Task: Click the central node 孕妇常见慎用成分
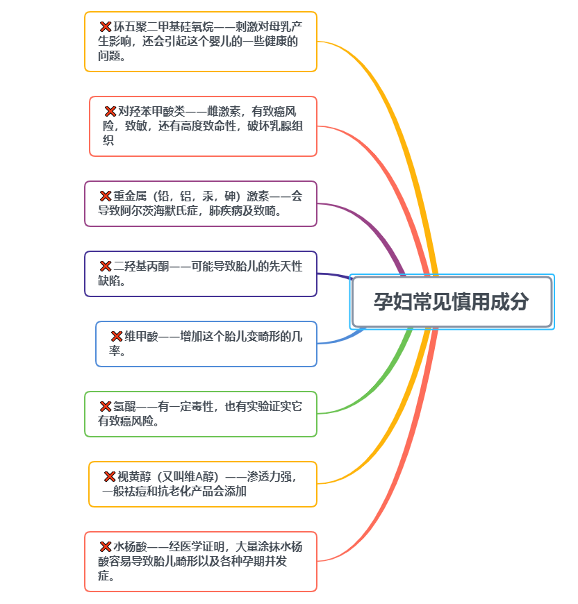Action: coord(452,302)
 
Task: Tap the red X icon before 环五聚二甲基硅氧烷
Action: coord(106,26)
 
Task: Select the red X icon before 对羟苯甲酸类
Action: coord(110,111)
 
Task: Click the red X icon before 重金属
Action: coord(106,196)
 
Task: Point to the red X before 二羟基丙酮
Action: coord(106,266)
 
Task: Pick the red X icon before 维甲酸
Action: coord(117,336)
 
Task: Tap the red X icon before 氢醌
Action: coord(106,406)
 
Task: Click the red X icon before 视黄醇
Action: coord(110,476)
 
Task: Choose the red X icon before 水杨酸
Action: coord(106,546)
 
